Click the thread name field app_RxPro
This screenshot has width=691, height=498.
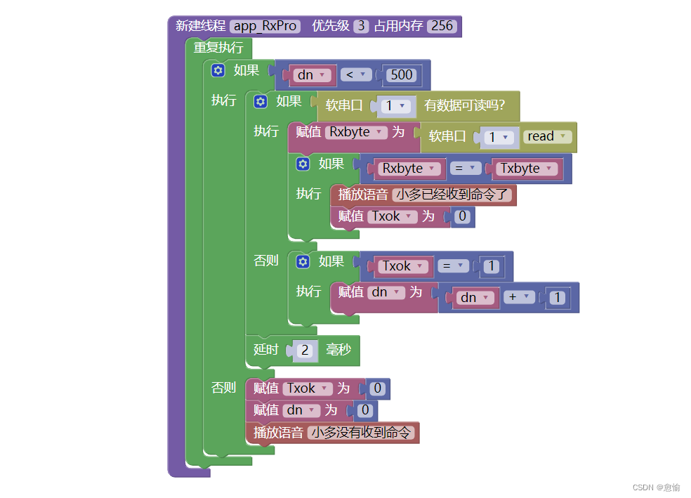click(x=265, y=26)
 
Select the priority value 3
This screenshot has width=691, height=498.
click(x=361, y=26)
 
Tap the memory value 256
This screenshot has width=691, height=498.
click(x=442, y=26)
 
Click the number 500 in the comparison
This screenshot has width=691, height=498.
click(x=402, y=74)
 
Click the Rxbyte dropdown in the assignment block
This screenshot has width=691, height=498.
click(x=357, y=132)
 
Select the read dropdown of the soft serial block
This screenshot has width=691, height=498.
click(x=547, y=136)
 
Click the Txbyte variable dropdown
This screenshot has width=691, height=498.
click(x=526, y=169)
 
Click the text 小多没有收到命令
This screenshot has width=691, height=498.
click(x=362, y=433)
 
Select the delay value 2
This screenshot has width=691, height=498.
click(x=304, y=350)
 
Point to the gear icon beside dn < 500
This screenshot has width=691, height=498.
click(x=218, y=70)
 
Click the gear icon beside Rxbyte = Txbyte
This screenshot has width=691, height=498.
click(x=303, y=164)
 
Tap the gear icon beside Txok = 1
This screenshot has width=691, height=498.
click(x=303, y=261)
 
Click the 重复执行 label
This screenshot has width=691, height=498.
click(x=218, y=48)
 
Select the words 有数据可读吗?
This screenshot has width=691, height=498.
click(x=464, y=106)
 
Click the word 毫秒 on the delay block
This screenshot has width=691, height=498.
click(x=338, y=349)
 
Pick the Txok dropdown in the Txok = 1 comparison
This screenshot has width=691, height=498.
click(x=403, y=266)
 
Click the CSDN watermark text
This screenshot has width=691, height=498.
click(x=656, y=487)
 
